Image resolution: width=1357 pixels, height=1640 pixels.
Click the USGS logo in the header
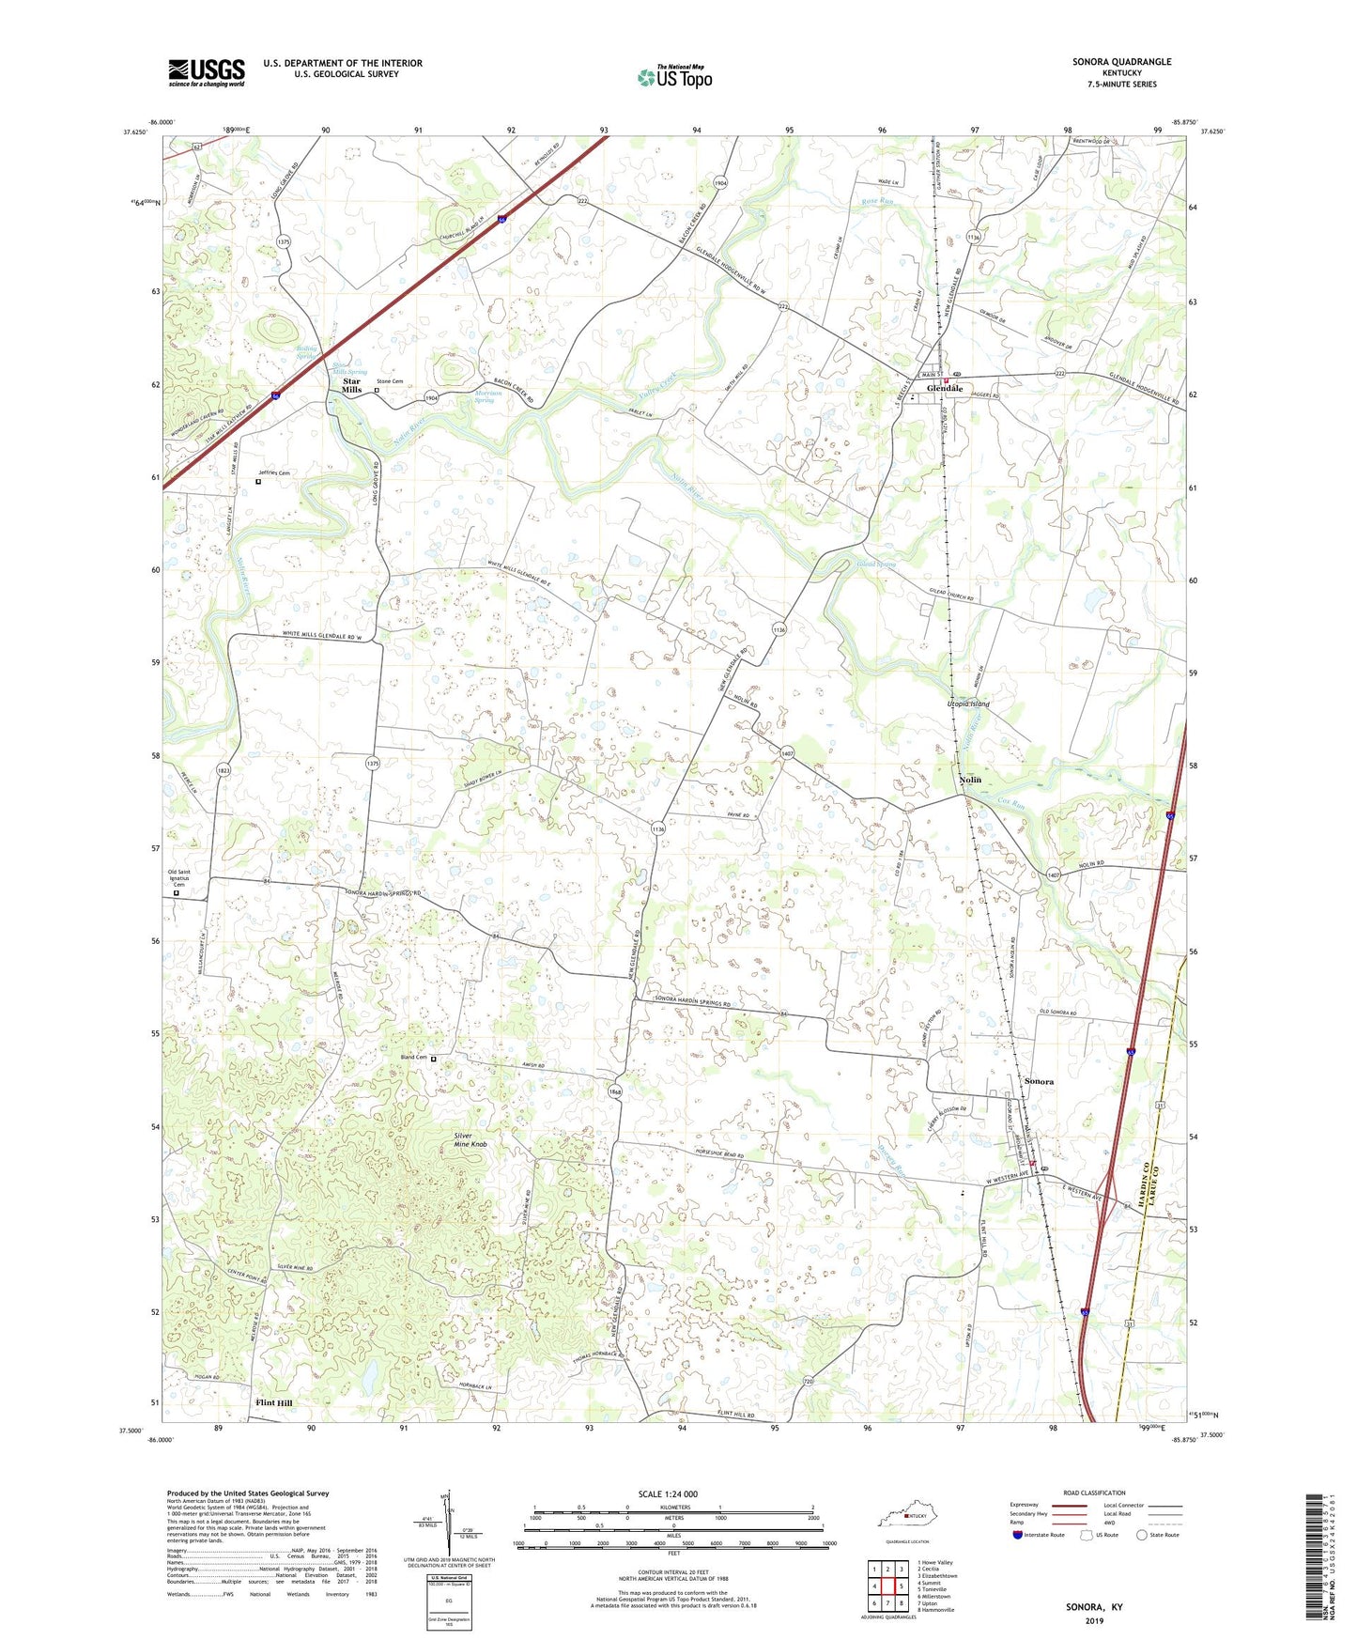pyautogui.click(x=207, y=72)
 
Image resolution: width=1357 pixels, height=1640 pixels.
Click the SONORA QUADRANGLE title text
pyautogui.click(x=1121, y=62)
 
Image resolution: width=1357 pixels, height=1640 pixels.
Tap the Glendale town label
pyautogui.click(x=945, y=389)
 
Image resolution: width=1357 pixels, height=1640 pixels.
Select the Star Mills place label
pyautogui.click(x=351, y=385)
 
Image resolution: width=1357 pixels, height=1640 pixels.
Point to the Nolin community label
pyautogui.click(x=970, y=780)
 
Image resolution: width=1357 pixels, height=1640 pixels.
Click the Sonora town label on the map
pyautogui.click(x=1039, y=1081)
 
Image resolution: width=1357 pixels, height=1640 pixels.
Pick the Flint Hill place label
pyautogui.click(x=274, y=1403)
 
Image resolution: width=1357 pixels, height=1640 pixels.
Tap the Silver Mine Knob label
pyautogui.click(x=470, y=1140)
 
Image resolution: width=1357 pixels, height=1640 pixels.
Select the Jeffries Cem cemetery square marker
pyautogui.click(x=258, y=482)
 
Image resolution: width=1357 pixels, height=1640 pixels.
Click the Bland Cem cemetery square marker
pyautogui.click(x=433, y=1059)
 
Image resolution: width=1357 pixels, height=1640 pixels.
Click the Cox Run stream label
pyautogui.click(x=1010, y=801)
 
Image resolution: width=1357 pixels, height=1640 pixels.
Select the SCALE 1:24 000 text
pyautogui.click(x=668, y=1494)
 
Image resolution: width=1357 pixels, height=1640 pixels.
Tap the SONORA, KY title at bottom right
pyautogui.click(x=1094, y=1607)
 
